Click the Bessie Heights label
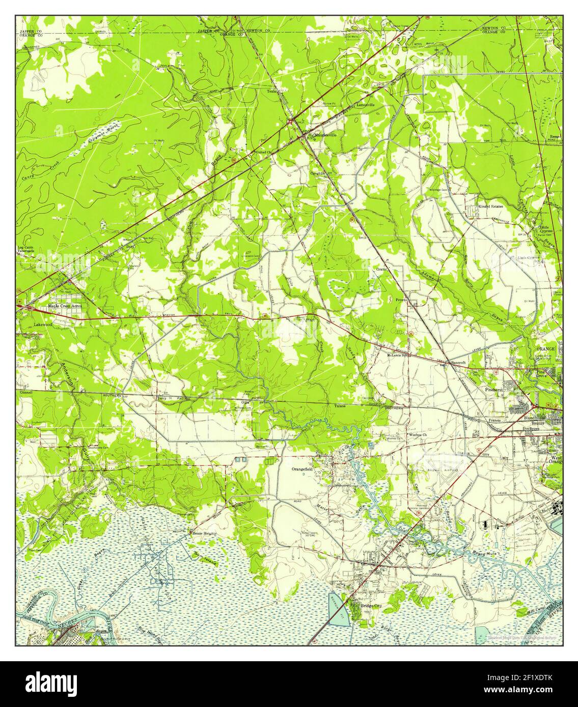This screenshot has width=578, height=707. pyautogui.click(x=204, y=534)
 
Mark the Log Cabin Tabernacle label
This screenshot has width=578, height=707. pyautogui.click(x=26, y=249)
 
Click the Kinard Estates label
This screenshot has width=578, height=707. pyautogui.click(x=489, y=207)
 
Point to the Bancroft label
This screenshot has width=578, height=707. pyautogui.click(x=457, y=362)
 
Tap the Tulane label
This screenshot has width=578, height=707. pyautogui.click(x=340, y=406)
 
